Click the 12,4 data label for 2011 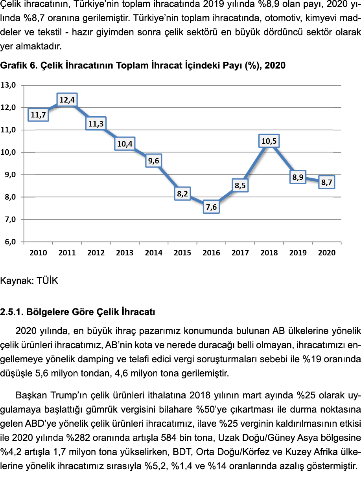pos(67,100)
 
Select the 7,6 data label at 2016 pos(211,207)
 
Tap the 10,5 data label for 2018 pos(269,141)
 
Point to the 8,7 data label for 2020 pos(326,183)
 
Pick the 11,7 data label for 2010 pos(38,115)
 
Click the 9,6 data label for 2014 pos(153,161)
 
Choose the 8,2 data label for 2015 pos(182,194)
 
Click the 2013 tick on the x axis pos(125,253)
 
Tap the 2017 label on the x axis pos(240,253)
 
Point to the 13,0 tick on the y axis pos(8,85)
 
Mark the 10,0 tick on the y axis pos(8,152)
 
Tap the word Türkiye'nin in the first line pos(97,4)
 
